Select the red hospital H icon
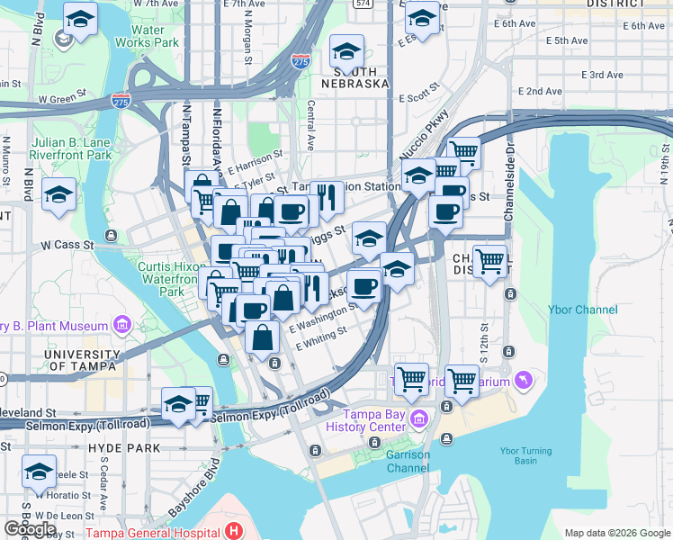pos(235,531)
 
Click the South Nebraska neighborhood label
pos(361,77)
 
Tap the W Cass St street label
pos(67,244)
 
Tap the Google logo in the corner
pos(31,529)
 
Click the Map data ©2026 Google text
pos(617,533)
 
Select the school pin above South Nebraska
pos(346,50)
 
